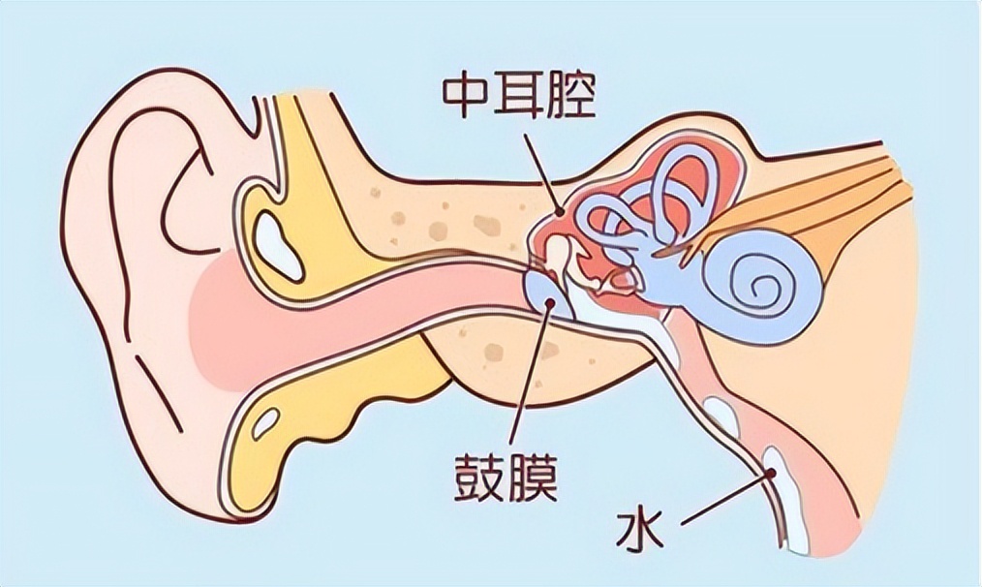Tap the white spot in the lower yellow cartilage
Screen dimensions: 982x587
coord(265,422)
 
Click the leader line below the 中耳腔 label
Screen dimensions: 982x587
coord(540,170)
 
